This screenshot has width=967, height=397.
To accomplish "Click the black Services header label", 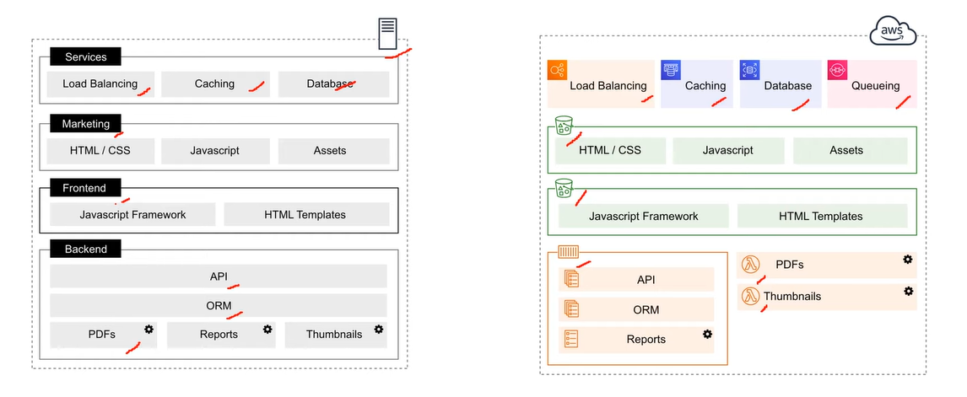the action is pyautogui.click(x=86, y=56).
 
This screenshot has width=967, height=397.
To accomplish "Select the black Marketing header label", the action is pyautogui.click(x=86, y=124).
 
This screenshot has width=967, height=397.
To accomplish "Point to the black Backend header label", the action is pyautogui.click(x=86, y=249).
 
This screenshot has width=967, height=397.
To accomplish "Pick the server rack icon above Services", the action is pyautogui.click(x=387, y=34).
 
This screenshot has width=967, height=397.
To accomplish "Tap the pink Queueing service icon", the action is pyautogui.click(x=838, y=70).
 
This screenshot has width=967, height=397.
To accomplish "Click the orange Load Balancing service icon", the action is pyautogui.click(x=558, y=70).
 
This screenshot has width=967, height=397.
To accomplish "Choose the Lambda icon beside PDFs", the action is pyautogui.click(x=750, y=265).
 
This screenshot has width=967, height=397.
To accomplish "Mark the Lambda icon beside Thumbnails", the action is pyautogui.click(x=750, y=296).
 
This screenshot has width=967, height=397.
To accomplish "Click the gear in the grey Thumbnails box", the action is pyautogui.click(x=379, y=330).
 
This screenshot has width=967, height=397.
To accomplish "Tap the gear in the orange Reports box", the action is pyautogui.click(x=707, y=334).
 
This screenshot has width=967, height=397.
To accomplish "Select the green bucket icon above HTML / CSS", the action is pyautogui.click(x=565, y=125).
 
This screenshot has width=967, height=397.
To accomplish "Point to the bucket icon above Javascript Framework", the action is pyautogui.click(x=565, y=188).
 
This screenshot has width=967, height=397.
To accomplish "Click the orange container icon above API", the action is pyautogui.click(x=569, y=252).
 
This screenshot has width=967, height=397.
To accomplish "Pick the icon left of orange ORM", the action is pyautogui.click(x=571, y=308).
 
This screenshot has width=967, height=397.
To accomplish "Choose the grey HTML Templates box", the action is pyautogui.click(x=306, y=215).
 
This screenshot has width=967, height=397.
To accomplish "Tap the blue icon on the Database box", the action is pyautogui.click(x=750, y=70).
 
